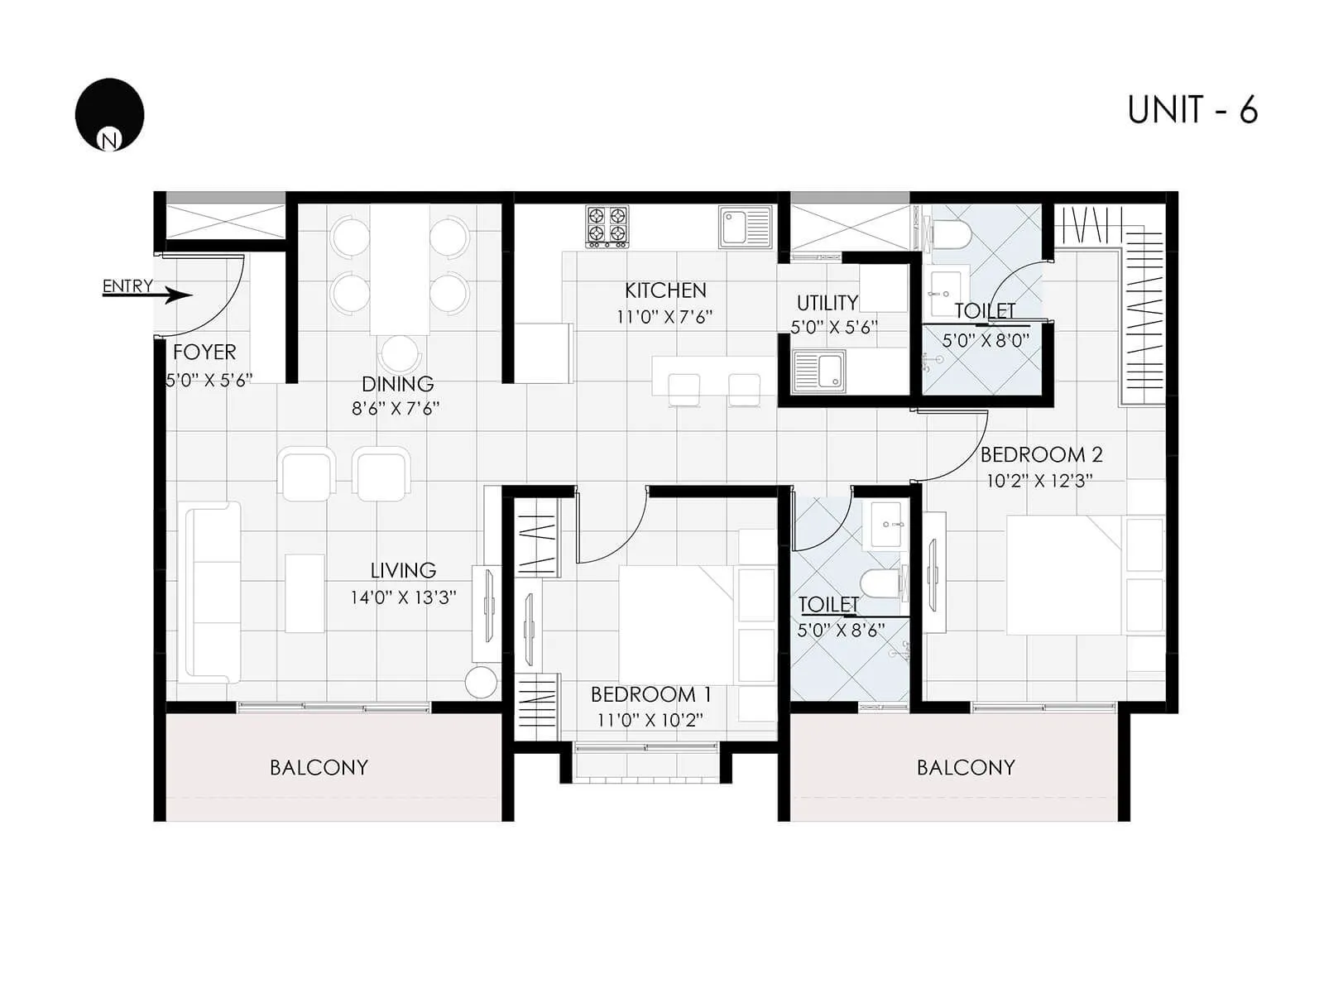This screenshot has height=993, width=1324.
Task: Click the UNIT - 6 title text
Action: pos(1192,110)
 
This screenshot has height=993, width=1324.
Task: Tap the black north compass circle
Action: pos(109,114)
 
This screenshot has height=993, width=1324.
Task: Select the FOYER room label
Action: pos(204,353)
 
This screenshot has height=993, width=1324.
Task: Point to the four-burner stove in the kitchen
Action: pos(607,226)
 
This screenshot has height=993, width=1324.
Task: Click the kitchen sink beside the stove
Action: pos(744,227)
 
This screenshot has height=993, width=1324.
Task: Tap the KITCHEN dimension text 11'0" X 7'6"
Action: pos(664,317)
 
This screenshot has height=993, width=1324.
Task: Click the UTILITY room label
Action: pos(827,303)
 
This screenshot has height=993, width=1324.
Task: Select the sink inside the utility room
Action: pos(818,370)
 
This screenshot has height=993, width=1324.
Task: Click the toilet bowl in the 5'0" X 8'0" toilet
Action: pos(952,235)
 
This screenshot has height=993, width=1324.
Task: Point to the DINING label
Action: pos(397,384)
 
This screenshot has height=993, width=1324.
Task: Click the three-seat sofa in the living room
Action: pos(213,592)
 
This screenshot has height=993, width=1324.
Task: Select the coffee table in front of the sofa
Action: pos(305,593)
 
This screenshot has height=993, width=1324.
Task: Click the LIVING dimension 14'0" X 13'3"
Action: pos(403,597)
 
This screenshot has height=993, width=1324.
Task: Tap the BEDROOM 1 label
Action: pos(650,694)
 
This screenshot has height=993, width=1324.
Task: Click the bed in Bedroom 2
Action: pos(1063,575)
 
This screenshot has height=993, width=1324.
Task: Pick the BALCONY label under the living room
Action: pos(319,768)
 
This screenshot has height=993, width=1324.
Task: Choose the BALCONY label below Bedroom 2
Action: pos(965,768)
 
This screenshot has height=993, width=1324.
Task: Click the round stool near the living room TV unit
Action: pos(481,683)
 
